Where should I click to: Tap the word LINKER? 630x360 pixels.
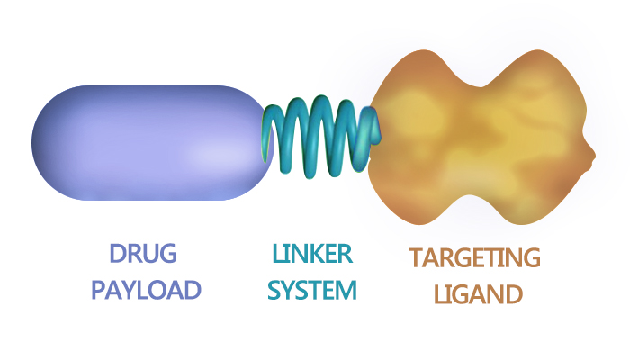pos(313,254)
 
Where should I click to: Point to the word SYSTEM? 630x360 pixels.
pos(313,290)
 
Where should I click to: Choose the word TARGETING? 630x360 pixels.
pos(473,257)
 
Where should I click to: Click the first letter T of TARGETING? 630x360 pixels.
pos(416,257)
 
